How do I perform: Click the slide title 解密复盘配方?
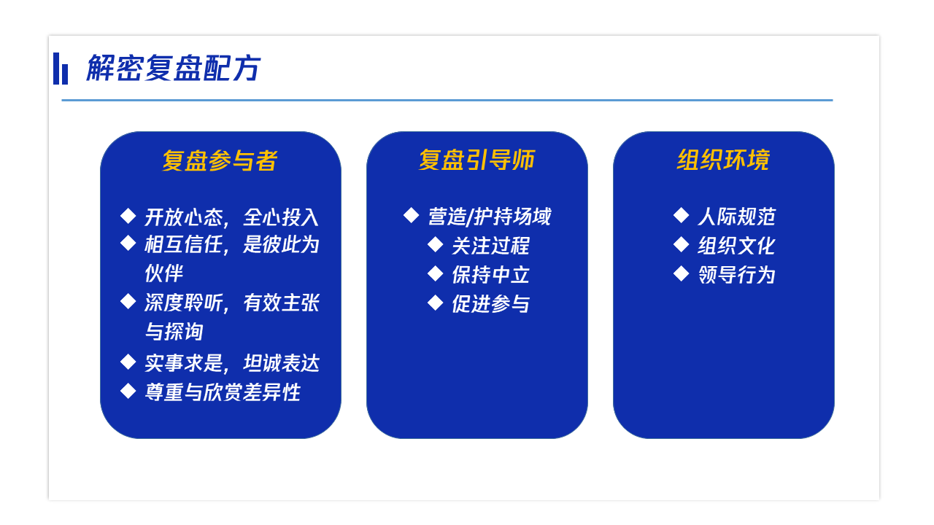(x=173, y=68)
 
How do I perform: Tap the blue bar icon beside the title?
(x=61, y=69)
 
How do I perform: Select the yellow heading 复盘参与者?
(x=220, y=160)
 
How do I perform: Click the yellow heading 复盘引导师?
(x=476, y=160)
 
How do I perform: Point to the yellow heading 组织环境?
(x=723, y=160)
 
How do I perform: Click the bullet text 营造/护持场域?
(x=490, y=217)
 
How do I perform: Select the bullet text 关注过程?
(x=491, y=246)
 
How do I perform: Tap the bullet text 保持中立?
(x=491, y=275)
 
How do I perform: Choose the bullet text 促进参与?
(x=491, y=304)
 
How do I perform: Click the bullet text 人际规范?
(x=736, y=217)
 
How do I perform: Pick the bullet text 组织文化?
(x=736, y=246)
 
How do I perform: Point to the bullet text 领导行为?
(x=736, y=275)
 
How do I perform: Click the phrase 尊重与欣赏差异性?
(x=223, y=392)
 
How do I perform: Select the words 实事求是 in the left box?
(x=183, y=363)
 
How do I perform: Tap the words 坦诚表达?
(x=282, y=363)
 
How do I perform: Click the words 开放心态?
(x=183, y=217)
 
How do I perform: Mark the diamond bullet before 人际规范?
(x=681, y=215)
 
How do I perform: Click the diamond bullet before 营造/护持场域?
(x=411, y=215)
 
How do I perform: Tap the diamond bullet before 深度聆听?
(x=128, y=301)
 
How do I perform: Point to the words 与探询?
(x=174, y=332)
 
